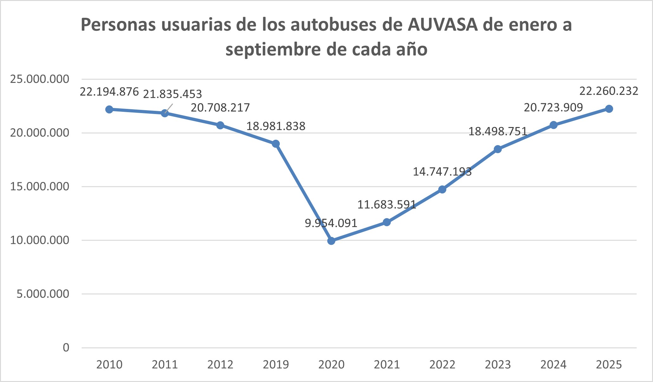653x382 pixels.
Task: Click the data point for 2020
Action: tap(331, 241)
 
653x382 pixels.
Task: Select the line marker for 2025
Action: tap(609, 109)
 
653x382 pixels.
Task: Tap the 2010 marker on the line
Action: tap(109, 110)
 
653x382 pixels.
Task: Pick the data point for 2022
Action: tap(442, 190)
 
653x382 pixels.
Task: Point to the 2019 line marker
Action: tap(276, 144)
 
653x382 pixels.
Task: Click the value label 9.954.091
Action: tap(331, 223)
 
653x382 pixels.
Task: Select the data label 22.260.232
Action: tap(609, 91)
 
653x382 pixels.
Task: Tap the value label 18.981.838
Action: tap(276, 126)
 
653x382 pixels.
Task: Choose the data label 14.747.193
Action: tap(442, 172)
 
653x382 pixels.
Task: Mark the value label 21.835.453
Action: tap(172, 94)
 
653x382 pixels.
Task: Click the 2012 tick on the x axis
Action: tap(220, 365)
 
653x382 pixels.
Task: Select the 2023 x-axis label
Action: tap(498, 365)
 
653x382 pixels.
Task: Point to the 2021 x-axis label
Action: tap(387, 365)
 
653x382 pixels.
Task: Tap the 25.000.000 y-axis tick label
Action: tap(40, 79)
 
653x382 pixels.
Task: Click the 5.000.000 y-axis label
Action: tap(43, 294)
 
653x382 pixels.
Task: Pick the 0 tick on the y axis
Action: tap(66, 348)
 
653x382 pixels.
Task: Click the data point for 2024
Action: tap(553, 125)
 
